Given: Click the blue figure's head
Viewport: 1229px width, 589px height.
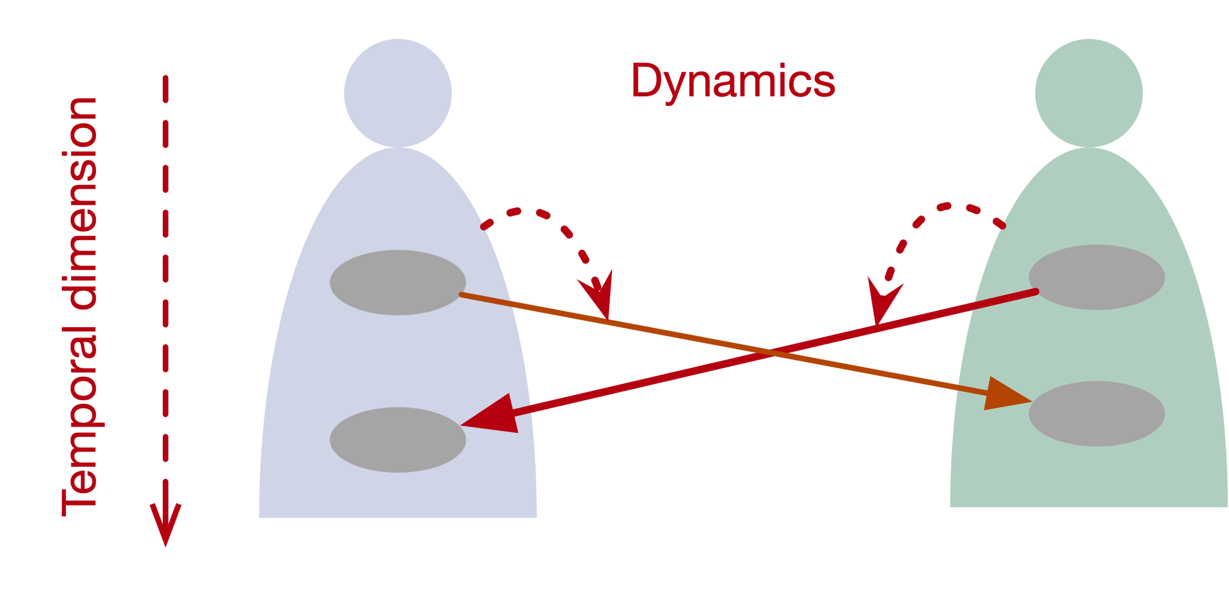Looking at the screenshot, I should coord(398,93).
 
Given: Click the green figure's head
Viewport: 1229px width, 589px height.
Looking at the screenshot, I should coord(1089,93).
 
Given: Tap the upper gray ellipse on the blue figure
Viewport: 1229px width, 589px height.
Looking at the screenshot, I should coord(398,282).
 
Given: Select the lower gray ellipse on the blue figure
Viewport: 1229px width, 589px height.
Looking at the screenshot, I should coord(398,440).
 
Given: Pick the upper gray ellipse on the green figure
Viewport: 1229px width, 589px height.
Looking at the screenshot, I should coord(1097,277).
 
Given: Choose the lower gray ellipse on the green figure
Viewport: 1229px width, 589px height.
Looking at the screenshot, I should coord(1097,414).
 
